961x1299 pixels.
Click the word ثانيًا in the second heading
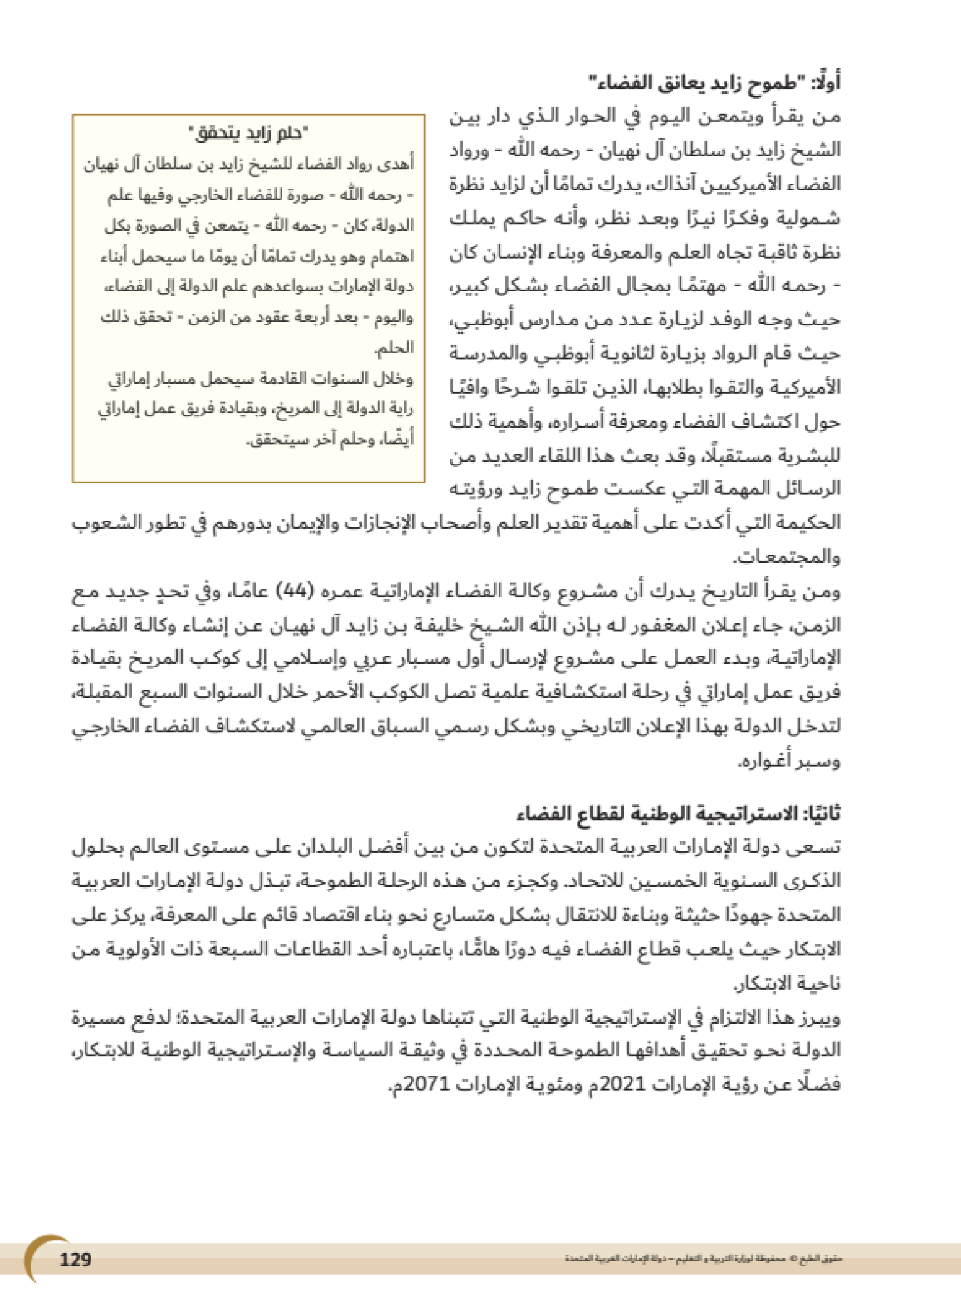coord(822,814)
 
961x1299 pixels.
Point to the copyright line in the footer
coord(703,1260)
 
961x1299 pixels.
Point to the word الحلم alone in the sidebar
coord(394,348)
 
